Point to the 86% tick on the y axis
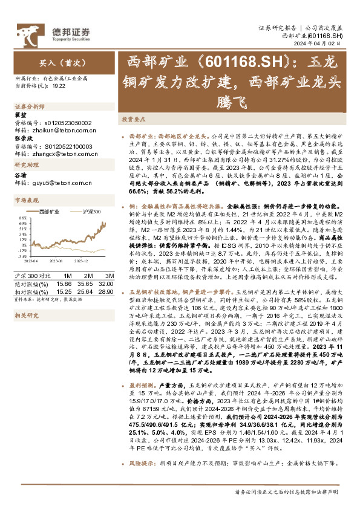click(x=22, y=217)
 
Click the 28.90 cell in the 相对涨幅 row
click(x=106, y=291)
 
